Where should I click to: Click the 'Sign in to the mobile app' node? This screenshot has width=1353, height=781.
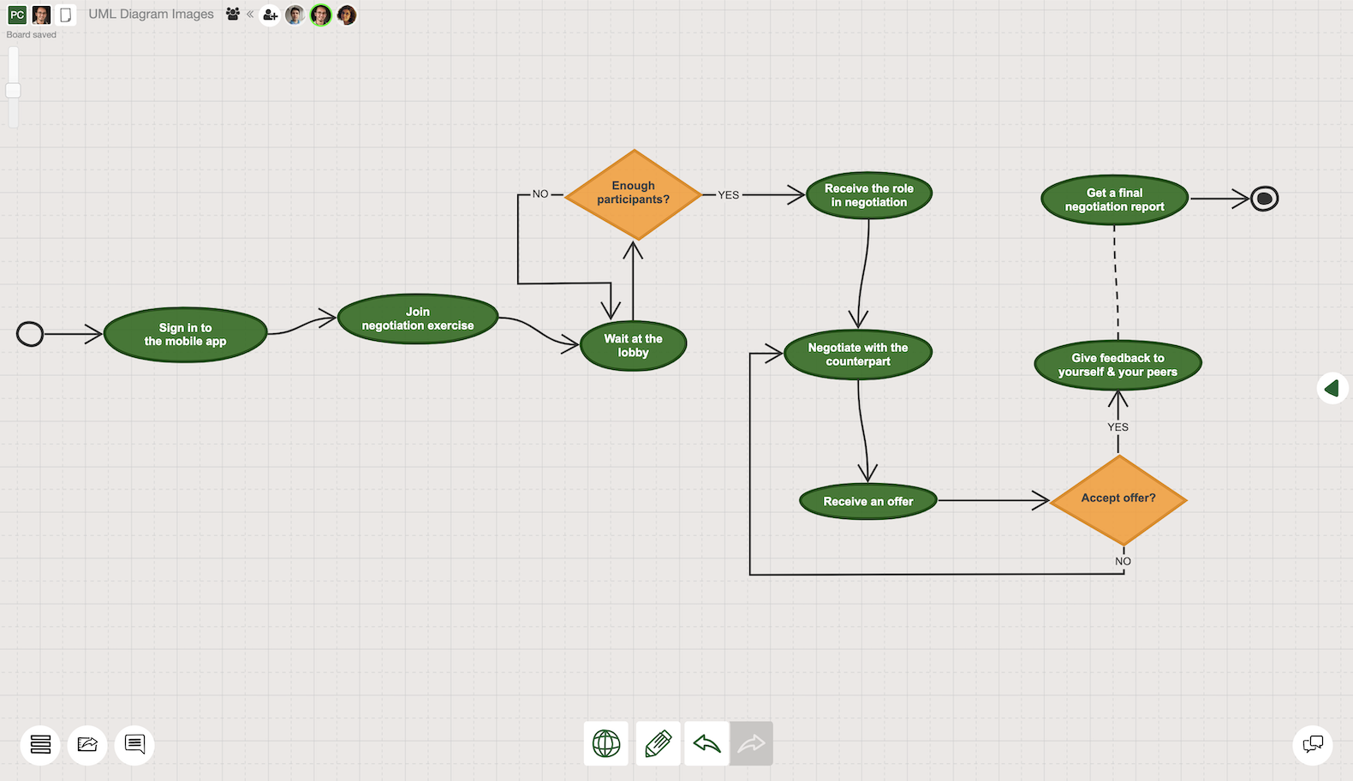coord(186,335)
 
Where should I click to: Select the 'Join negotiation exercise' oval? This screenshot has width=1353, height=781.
coord(417,319)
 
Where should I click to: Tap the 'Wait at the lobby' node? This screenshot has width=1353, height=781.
coord(633,345)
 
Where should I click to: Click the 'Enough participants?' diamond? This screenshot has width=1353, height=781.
coord(633,194)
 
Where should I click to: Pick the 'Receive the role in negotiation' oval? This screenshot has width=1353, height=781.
coord(868,195)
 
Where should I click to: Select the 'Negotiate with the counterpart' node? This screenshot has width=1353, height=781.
coord(858,355)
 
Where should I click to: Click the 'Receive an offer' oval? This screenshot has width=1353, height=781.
coord(868,501)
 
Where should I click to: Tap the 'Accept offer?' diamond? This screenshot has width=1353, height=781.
coord(1118,500)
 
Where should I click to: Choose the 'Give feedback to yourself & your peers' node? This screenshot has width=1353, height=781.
coord(1118,365)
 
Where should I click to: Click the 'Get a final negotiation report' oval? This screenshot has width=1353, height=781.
coord(1114,200)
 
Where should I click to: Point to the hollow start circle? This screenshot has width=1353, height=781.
coord(30,334)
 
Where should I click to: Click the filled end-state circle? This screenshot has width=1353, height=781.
coord(1264,199)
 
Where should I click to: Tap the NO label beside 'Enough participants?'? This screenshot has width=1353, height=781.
coord(540,194)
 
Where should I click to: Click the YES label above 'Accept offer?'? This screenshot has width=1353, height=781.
coord(1118,427)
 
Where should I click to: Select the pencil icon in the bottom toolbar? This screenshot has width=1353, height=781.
coord(658,743)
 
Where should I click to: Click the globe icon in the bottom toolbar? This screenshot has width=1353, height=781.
coord(605,743)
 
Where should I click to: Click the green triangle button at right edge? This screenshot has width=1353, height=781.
coord(1332,389)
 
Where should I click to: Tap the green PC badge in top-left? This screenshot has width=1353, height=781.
coord(17,15)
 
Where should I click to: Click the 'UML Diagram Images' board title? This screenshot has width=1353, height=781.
coord(151,14)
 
